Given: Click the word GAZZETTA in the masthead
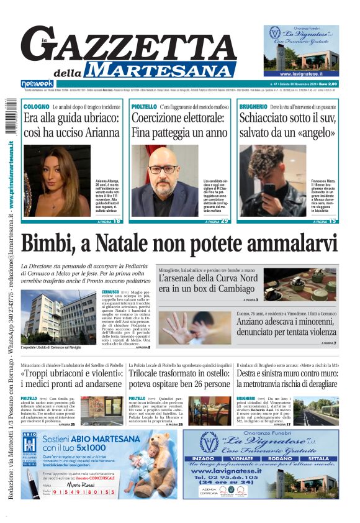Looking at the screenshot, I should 130,45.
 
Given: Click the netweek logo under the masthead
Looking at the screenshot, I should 37,83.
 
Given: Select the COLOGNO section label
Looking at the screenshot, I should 36,107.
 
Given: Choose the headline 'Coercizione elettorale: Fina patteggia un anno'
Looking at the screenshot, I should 179,124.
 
